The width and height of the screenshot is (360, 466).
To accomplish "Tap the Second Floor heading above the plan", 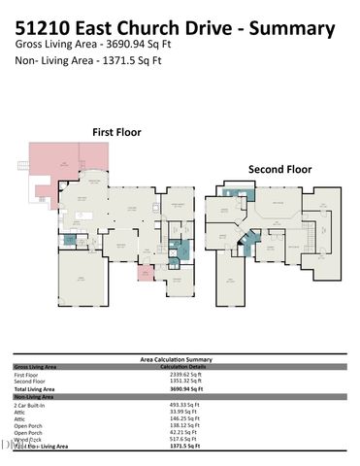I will pyautogui.click(x=279, y=168).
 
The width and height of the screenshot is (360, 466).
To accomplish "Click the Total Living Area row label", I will pyautogui.click(x=35, y=388).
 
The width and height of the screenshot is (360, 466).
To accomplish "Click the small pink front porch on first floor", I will pyautogui.click(x=145, y=273).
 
